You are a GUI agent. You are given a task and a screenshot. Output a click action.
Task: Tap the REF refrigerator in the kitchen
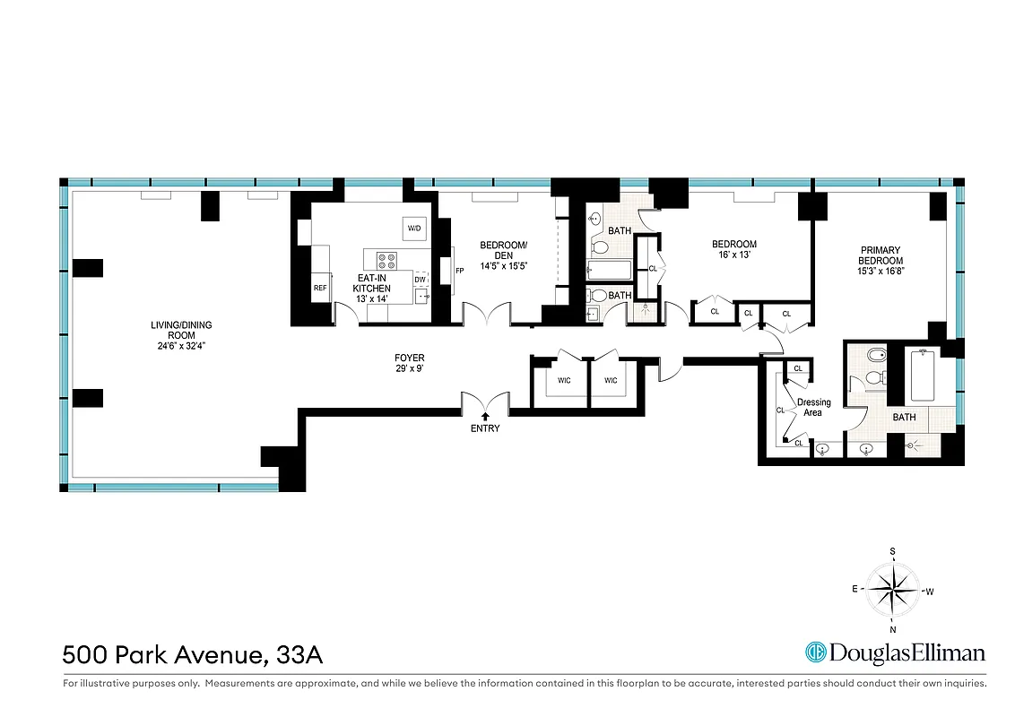coord(319,289)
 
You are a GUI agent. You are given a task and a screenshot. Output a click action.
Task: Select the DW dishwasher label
coord(419,280)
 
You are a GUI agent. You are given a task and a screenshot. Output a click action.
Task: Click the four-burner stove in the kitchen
coord(387,261)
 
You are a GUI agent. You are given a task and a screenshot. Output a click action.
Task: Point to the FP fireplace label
coord(459,271)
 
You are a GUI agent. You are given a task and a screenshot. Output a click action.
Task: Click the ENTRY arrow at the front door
coord(485,416)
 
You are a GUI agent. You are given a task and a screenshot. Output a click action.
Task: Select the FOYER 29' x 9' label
coord(408,364)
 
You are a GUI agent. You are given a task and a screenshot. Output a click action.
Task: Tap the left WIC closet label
coord(565,381)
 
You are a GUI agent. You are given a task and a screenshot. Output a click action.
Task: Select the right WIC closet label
coord(611,381)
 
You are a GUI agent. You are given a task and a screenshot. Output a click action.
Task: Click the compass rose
coord(893,590)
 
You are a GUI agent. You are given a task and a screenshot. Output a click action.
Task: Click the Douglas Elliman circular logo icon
coord(815,652)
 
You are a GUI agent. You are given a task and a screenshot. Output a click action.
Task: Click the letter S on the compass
coord(892,551)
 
